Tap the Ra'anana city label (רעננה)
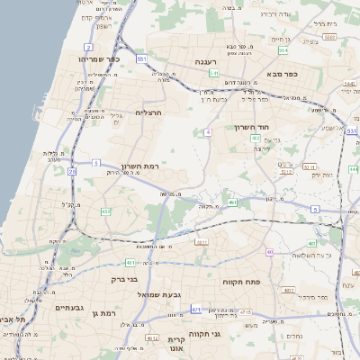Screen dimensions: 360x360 (x=209, y=61)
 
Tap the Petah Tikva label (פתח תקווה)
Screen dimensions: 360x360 (x=242, y=282)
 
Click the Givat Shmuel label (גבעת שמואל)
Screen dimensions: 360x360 (x=161, y=294)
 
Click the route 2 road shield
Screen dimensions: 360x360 (x=88, y=46)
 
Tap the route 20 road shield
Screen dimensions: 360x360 (x=72, y=170)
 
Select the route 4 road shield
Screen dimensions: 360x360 (x=207, y=132)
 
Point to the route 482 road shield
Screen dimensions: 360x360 (x=105, y=211)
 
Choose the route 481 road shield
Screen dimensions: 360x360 (x=131, y=262)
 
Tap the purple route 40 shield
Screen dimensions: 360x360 (x=269, y=252)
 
